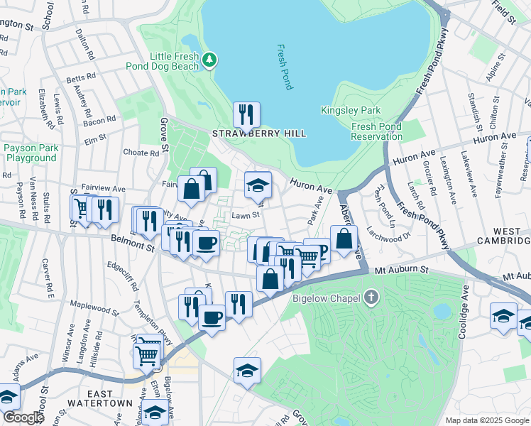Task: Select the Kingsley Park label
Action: pyautogui.click(x=351, y=110)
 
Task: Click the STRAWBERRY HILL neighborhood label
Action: pyautogui.click(x=258, y=133)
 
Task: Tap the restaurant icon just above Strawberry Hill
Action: pyautogui.click(x=246, y=114)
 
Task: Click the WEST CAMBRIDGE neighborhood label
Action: pyautogui.click(x=507, y=237)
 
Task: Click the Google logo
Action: pyautogui.click(x=23, y=417)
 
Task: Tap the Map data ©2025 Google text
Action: pyautogui.click(x=486, y=420)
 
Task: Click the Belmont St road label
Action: pyautogui.click(x=131, y=247)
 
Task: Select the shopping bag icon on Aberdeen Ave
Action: pyautogui.click(x=344, y=240)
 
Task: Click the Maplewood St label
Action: pyautogui.click(x=94, y=310)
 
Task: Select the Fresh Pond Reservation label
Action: pyautogui.click(x=376, y=131)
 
